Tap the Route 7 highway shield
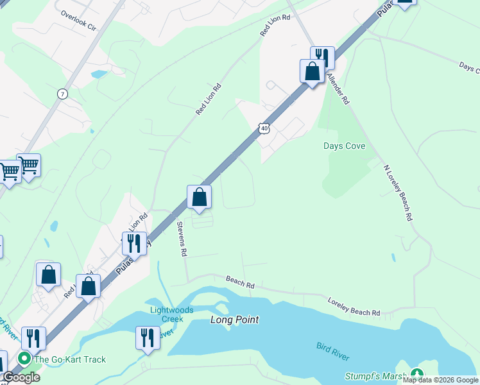pyautogui.click(x=62, y=94)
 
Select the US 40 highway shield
pyautogui.click(x=265, y=128)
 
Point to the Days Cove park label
pyautogui.click(x=344, y=146)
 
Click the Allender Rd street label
pyautogui.click(x=338, y=89)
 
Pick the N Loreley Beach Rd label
pyautogui.click(x=397, y=193)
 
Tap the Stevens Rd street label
pyautogui.click(x=182, y=239)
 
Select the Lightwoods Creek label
pyautogui.click(x=167, y=314)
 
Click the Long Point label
pyautogui.click(x=234, y=320)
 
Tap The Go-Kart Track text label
pyautogui.click(x=71, y=359)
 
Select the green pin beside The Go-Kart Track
pyautogui.click(x=25, y=359)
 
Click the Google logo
pyautogui.click(x=21, y=377)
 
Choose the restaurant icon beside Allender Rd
pyautogui.click(x=322, y=58)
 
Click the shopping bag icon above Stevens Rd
pyautogui.click(x=200, y=197)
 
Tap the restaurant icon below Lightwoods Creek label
pyautogui.click(x=148, y=338)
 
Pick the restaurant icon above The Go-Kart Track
pyautogui.click(x=33, y=338)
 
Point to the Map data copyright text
pyautogui.click(x=440, y=381)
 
